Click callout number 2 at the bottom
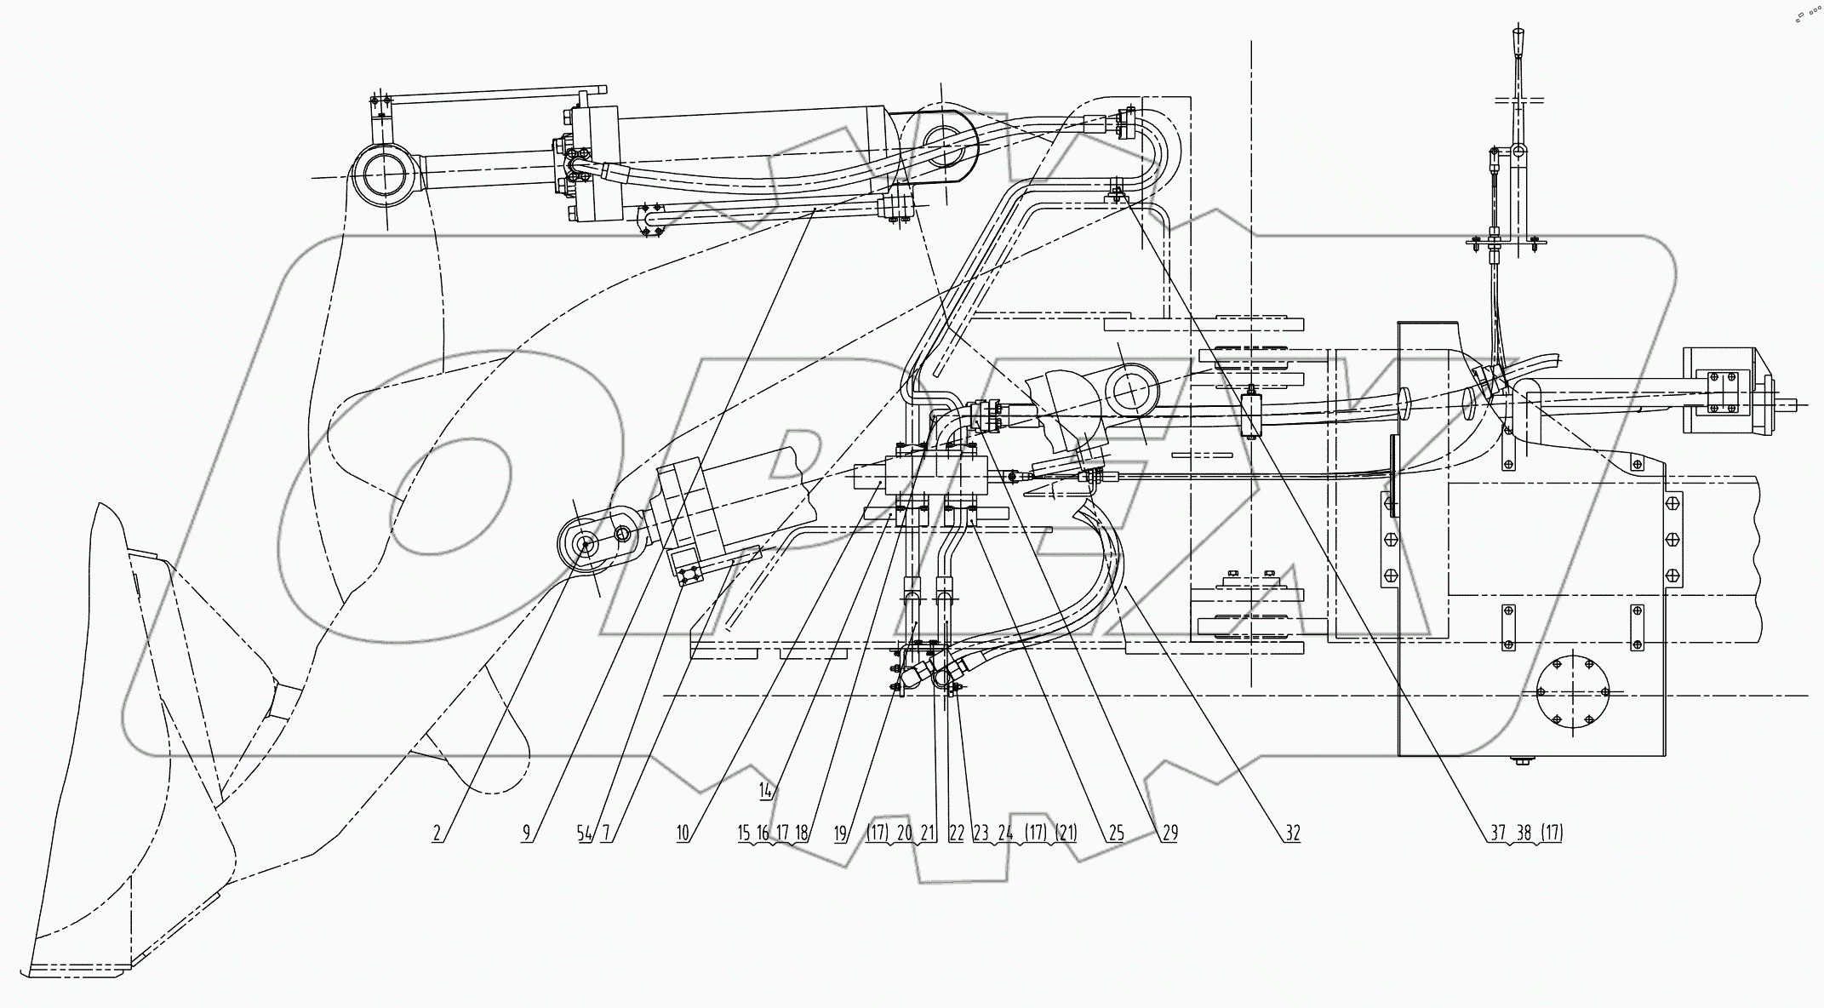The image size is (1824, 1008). pyautogui.click(x=437, y=833)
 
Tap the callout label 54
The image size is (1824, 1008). pyautogui.click(x=585, y=833)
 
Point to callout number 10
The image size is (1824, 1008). pyautogui.click(x=683, y=833)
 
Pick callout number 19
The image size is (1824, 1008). pyautogui.click(x=842, y=833)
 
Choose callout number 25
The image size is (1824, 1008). pyautogui.click(x=1117, y=833)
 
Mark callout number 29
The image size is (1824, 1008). pyautogui.click(x=1169, y=833)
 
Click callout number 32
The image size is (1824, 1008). pyautogui.click(x=1292, y=833)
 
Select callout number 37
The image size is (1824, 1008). pyautogui.click(x=1498, y=833)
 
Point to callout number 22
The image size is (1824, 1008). pyautogui.click(x=956, y=833)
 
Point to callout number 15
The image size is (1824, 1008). pyautogui.click(x=745, y=833)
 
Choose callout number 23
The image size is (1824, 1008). pyautogui.click(x=981, y=833)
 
